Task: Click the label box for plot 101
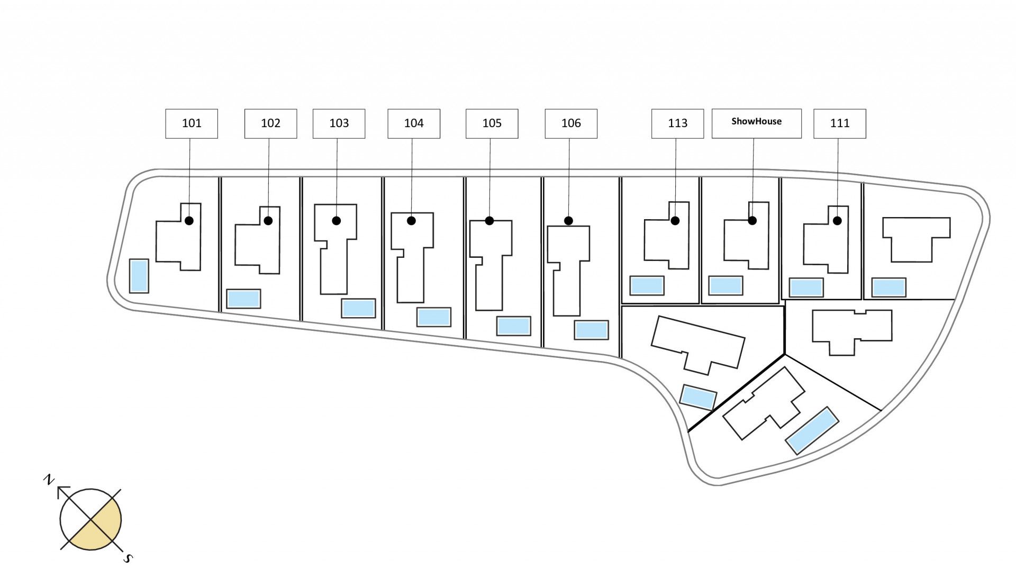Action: (192, 124)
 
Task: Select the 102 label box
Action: (270, 124)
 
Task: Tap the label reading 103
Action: (339, 124)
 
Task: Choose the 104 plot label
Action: (414, 124)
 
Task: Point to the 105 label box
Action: (492, 124)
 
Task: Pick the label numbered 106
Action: (571, 124)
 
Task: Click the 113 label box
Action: (677, 124)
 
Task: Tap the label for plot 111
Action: (839, 124)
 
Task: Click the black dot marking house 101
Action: (189, 221)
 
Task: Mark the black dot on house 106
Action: (568, 221)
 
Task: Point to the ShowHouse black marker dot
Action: (752, 221)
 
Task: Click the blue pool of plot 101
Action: (139, 276)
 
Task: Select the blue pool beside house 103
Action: (358, 308)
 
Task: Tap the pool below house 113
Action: (647, 286)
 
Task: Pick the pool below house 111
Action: (806, 287)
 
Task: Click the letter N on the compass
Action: (49, 480)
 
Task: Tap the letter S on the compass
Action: (128, 558)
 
